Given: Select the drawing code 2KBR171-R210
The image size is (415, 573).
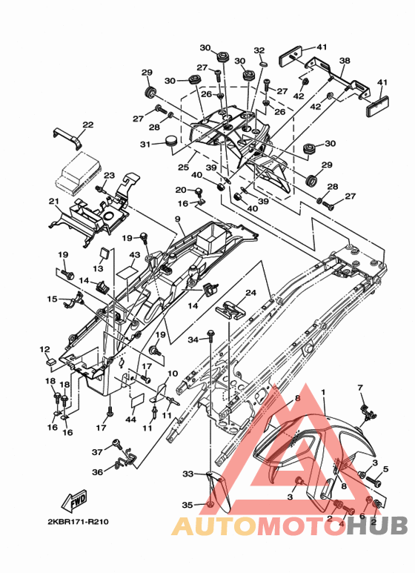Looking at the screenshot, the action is [x=78, y=521].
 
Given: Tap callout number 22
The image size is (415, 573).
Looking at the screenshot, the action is [x=88, y=125].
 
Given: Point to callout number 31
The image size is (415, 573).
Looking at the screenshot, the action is [x=145, y=145].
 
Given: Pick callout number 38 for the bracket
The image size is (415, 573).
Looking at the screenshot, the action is [x=345, y=60].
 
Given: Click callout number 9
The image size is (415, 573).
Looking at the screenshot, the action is [x=178, y=219].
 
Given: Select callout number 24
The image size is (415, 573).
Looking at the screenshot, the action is [x=250, y=293].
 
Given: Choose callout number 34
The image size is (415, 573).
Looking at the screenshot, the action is [x=193, y=340].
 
